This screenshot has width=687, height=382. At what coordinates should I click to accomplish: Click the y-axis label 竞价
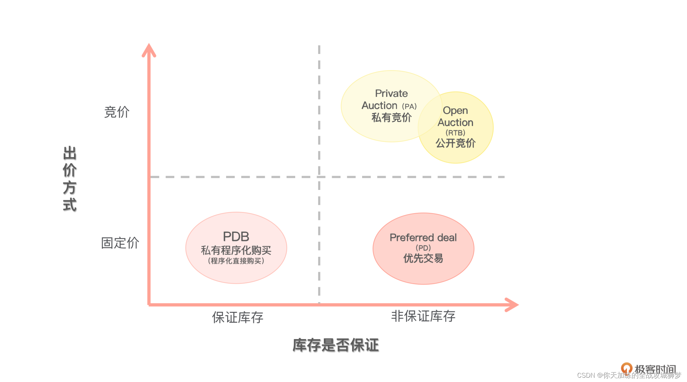117,112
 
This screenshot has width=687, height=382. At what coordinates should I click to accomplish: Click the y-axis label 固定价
120,243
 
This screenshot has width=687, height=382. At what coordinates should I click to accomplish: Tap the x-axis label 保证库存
238,317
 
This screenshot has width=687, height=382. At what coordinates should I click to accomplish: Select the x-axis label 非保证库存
423,316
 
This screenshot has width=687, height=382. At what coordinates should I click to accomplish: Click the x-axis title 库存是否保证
336,345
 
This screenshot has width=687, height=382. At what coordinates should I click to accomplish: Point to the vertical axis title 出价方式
70,179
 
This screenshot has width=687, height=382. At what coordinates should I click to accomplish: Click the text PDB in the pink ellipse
236,236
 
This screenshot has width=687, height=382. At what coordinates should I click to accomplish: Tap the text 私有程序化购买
236,250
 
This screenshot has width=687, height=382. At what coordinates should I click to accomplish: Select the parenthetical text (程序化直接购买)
236,261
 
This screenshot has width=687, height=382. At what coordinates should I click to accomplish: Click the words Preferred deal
423,237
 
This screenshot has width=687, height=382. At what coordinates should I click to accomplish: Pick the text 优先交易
423,258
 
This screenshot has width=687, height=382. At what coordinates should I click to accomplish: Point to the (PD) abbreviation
423,248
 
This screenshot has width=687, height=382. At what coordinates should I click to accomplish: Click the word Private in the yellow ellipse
391,93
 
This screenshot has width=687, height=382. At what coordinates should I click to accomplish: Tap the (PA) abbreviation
409,106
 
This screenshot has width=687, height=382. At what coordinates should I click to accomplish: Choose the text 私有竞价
391,117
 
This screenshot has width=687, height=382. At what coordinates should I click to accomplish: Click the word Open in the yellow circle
455,111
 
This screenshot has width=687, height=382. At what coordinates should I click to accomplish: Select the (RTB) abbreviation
455,133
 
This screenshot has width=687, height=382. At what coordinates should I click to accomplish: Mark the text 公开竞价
455,143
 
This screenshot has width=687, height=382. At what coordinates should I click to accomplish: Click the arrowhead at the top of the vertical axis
149,50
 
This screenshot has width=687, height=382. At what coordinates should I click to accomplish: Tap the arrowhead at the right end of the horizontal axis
512,305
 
